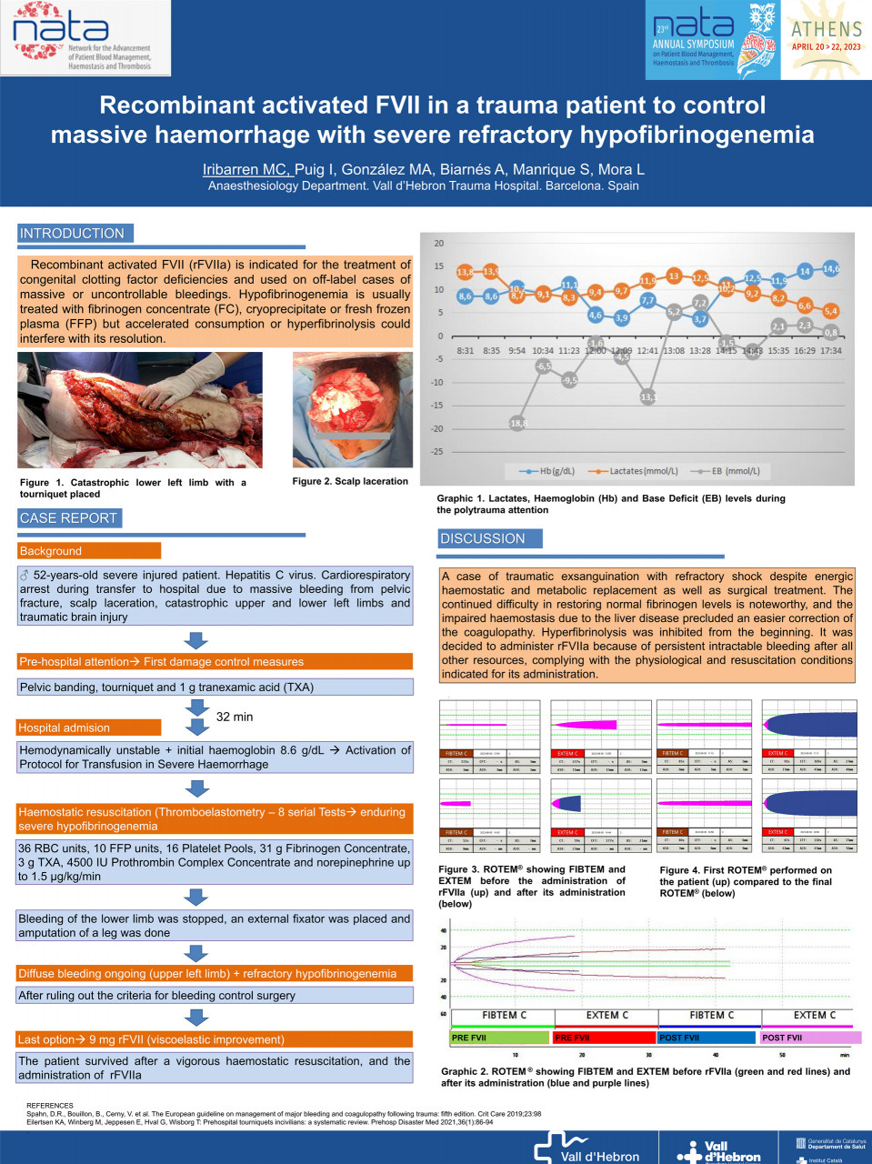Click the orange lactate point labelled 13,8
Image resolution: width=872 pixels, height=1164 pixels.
pos(465,272)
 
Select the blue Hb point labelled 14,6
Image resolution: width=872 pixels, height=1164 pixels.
pos(831,269)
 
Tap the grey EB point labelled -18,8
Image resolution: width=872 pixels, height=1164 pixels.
pos(518,423)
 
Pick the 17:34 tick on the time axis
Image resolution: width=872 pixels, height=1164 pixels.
pos(830,350)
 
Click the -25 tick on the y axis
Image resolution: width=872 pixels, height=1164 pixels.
pos(438,451)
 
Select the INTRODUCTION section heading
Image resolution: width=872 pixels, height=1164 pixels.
pos(73,234)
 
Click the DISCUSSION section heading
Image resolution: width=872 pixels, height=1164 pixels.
pos(483,538)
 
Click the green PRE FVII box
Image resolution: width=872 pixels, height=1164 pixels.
pos(498,1037)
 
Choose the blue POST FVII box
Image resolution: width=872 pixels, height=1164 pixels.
pos(707,1037)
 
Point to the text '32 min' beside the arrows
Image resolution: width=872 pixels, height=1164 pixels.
pos(235,717)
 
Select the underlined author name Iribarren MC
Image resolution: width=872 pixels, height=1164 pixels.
pos(246,169)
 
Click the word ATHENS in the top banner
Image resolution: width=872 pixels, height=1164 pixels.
pos(826,29)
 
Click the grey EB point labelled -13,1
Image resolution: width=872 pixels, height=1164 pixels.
pos(648,396)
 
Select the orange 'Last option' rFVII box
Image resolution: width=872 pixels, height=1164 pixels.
pos(214,1039)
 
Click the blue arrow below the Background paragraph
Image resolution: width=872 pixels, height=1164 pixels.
pos(195,640)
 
